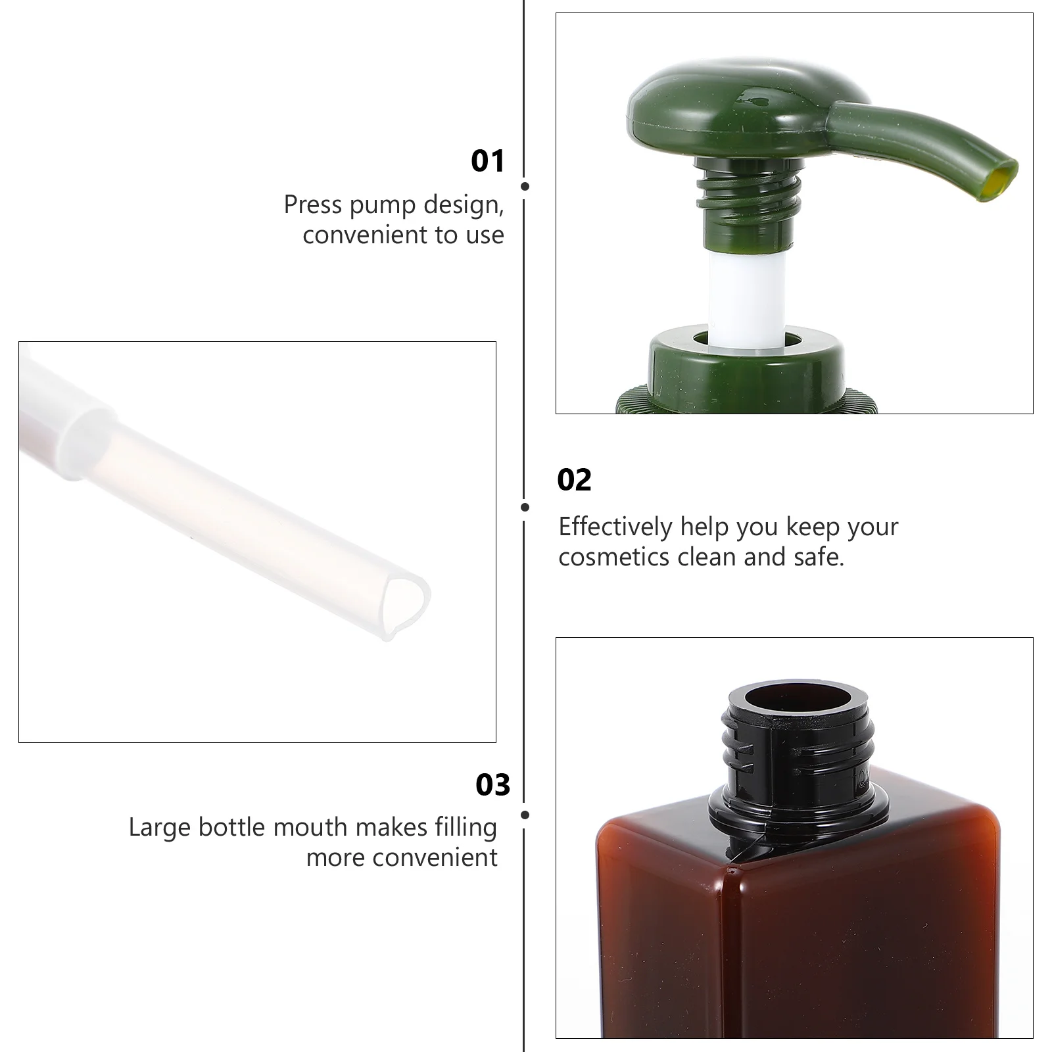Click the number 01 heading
487,161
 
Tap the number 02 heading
574,480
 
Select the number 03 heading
492,785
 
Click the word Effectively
615,527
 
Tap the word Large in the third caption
160,828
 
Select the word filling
466,827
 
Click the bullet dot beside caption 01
525,186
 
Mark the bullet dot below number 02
525,507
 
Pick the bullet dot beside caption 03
525,815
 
